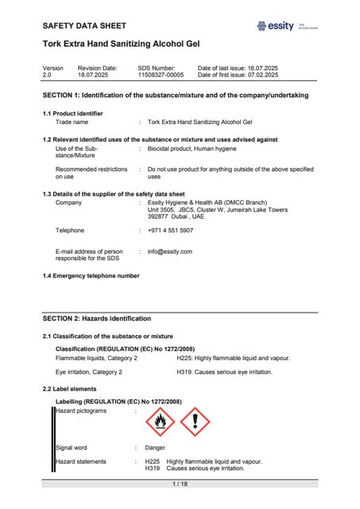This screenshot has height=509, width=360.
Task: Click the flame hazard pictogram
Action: [x=162, y=422]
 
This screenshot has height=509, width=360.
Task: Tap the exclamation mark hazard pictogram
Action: [x=195, y=422]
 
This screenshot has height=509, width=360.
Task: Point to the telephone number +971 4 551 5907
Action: [x=170, y=230]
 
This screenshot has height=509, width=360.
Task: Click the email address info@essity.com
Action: [x=170, y=251]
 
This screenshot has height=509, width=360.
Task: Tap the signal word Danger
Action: [x=154, y=448]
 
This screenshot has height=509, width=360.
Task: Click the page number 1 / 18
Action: [x=180, y=484]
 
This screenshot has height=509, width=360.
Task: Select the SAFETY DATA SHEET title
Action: [x=85, y=26]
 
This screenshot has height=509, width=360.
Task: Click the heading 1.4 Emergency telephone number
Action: [x=91, y=275]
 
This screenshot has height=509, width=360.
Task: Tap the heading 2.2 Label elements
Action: [x=74, y=388]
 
